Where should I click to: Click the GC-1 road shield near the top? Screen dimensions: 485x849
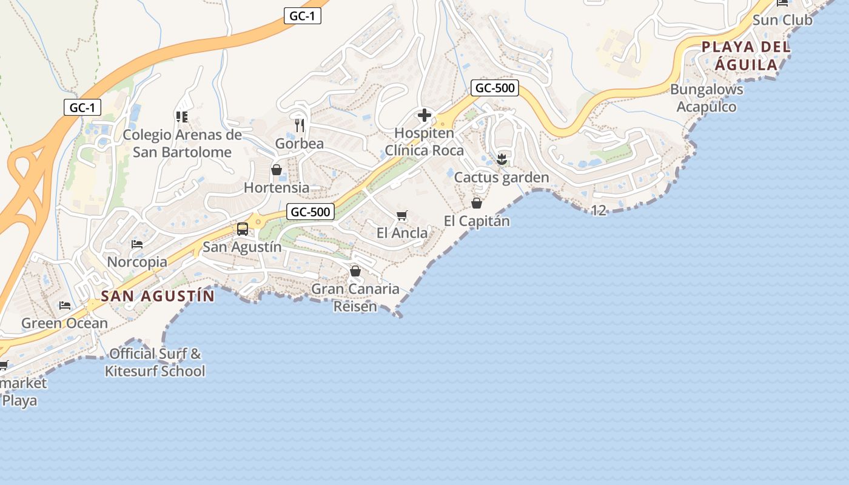[302, 16]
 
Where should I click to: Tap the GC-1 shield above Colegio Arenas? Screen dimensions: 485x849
[82, 108]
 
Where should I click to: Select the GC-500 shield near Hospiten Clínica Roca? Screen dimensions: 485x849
[495, 88]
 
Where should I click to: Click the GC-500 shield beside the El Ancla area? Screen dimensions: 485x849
[310, 212]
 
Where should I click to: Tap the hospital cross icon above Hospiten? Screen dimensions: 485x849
[424, 115]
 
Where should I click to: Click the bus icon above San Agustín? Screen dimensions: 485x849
[243, 229]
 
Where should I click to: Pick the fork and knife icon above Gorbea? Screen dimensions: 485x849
[299, 125]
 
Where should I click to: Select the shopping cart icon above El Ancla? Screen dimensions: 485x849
[401, 215]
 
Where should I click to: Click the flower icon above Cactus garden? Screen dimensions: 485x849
[502, 159]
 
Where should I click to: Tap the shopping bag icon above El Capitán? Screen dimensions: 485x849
[477, 203]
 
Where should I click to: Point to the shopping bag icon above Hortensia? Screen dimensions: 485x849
[277, 170]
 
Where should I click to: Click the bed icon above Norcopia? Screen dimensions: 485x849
[137, 244]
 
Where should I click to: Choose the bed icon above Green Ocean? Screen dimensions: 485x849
[64, 305]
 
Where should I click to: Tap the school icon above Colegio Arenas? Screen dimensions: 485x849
[181, 116]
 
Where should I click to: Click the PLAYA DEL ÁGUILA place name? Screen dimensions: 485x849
[746, 56]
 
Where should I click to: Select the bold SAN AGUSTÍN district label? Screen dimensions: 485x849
[158, 296]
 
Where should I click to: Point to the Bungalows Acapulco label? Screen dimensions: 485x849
[706, 98]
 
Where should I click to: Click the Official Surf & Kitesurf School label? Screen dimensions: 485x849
[155, 363]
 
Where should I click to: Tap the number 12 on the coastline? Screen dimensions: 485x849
[599, 210]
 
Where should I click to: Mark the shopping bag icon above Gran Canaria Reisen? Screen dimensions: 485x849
[355, 271]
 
